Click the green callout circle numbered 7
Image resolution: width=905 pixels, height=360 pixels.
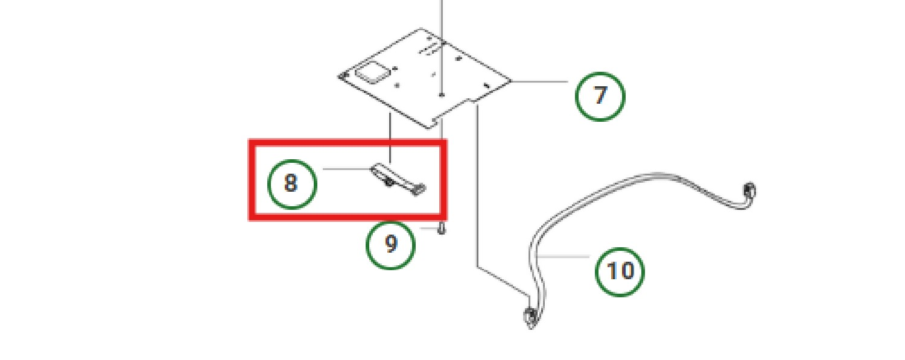point(600,96)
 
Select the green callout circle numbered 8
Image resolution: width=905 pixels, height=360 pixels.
point(292,184)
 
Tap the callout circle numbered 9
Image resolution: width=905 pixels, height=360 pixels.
point(390,245)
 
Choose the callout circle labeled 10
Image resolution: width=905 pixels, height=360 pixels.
point(620,271)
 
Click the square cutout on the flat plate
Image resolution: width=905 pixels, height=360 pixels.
point(372,72)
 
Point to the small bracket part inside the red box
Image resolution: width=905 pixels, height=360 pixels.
point(398,179)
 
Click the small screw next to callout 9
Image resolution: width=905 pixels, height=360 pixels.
point(442,227)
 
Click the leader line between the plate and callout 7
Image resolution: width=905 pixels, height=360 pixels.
point(539,81)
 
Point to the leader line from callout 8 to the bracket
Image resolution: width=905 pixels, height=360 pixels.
point(347,169)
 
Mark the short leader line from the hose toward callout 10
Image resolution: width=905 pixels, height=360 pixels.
point(562,256)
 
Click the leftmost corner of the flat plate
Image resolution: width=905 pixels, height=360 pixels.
point(338,76)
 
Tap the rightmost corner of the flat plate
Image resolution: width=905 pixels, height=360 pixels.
point(511,81)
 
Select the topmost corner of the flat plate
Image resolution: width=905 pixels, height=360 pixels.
point(421,28)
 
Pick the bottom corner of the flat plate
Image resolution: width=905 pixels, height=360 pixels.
point(429,128)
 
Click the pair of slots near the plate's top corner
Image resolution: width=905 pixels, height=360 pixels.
point(428,48)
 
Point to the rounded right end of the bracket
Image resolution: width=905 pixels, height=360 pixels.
point(420,189)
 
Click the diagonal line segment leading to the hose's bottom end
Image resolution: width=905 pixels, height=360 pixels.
point(503,281)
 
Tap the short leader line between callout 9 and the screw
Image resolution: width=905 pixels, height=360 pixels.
point(428,229)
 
